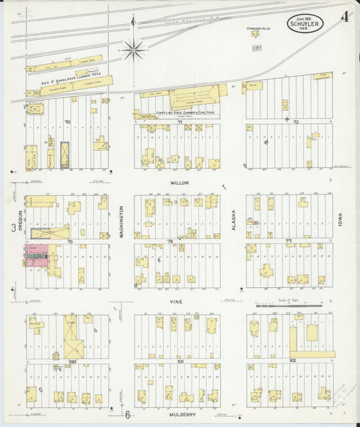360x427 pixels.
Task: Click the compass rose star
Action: [x=134, y=47]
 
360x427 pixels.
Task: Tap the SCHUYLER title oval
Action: [x=305, y=24]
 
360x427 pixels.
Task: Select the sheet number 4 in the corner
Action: [x=344, y=16]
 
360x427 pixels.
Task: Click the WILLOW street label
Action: [x=179, y=182]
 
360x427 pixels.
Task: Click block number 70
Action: [x=68, y=122]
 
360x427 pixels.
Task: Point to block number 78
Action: [x=170, y=241]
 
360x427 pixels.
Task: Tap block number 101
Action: [x=180, y=361]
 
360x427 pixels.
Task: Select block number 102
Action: [x=292, y=361]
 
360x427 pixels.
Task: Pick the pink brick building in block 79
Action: [x=32, y=255]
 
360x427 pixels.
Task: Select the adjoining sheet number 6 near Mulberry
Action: [x=126, y=414]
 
